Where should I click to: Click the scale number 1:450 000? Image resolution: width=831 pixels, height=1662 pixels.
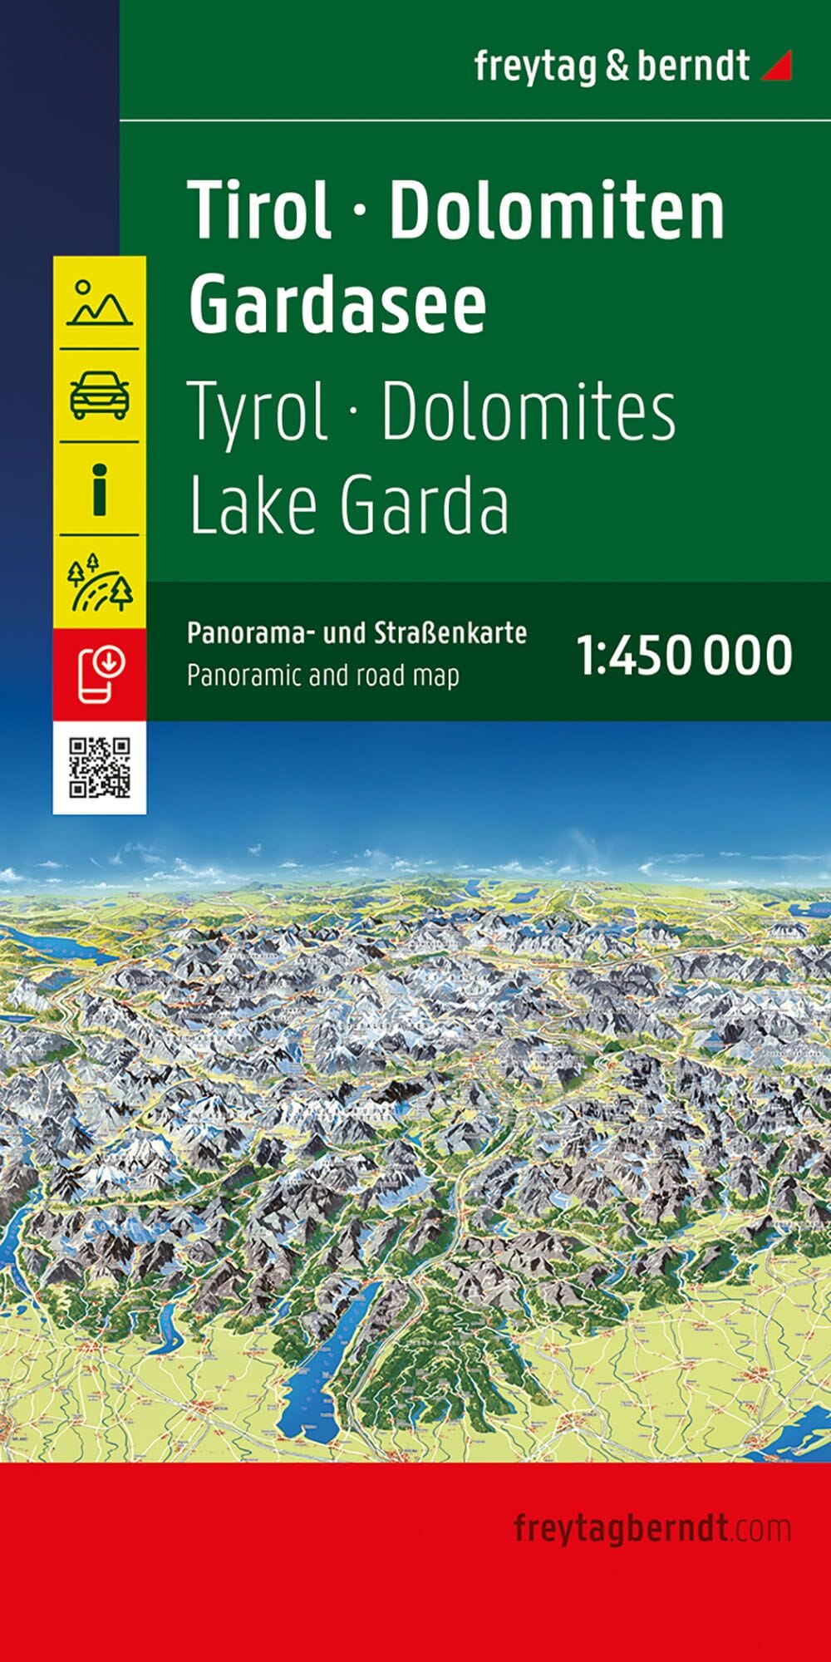pos(685,656)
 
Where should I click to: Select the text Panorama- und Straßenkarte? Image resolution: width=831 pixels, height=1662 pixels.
pos(356,633)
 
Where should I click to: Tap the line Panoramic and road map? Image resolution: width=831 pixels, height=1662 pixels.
pos(322,675)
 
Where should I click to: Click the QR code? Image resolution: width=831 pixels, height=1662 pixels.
pos(100,768)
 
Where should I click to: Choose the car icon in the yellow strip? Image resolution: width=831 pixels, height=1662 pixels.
pos(100,395)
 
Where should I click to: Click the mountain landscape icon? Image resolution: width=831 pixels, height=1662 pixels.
pos(100,302)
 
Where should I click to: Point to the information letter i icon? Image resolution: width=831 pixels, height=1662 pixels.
pos(100,489)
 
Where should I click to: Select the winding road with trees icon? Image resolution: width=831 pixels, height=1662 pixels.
pos(100,582)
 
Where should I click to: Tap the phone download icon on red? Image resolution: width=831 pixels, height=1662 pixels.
pos(100,674)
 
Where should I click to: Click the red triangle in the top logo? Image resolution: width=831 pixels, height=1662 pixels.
pos(779,66)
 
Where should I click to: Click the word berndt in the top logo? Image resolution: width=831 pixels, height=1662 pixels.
pos(693,66)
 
